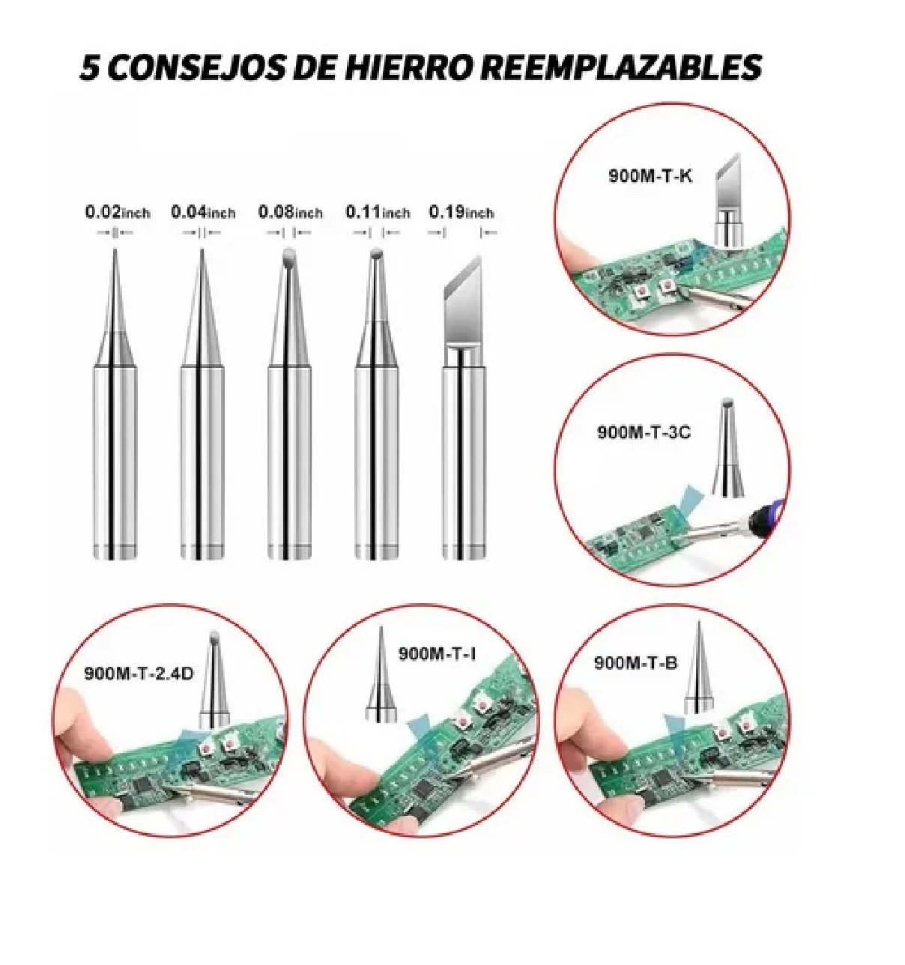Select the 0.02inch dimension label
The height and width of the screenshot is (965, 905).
point(117,213)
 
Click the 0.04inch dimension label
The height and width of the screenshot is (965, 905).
point(203,213)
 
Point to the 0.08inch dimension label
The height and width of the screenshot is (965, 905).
point(290,213)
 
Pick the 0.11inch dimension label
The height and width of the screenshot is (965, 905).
point(377,213)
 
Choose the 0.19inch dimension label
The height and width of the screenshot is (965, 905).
point(461,213)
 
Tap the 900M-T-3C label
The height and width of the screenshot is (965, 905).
point(643,432)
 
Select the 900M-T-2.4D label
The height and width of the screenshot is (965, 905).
point(139,672)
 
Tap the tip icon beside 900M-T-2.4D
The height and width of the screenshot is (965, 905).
point(214,680)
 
